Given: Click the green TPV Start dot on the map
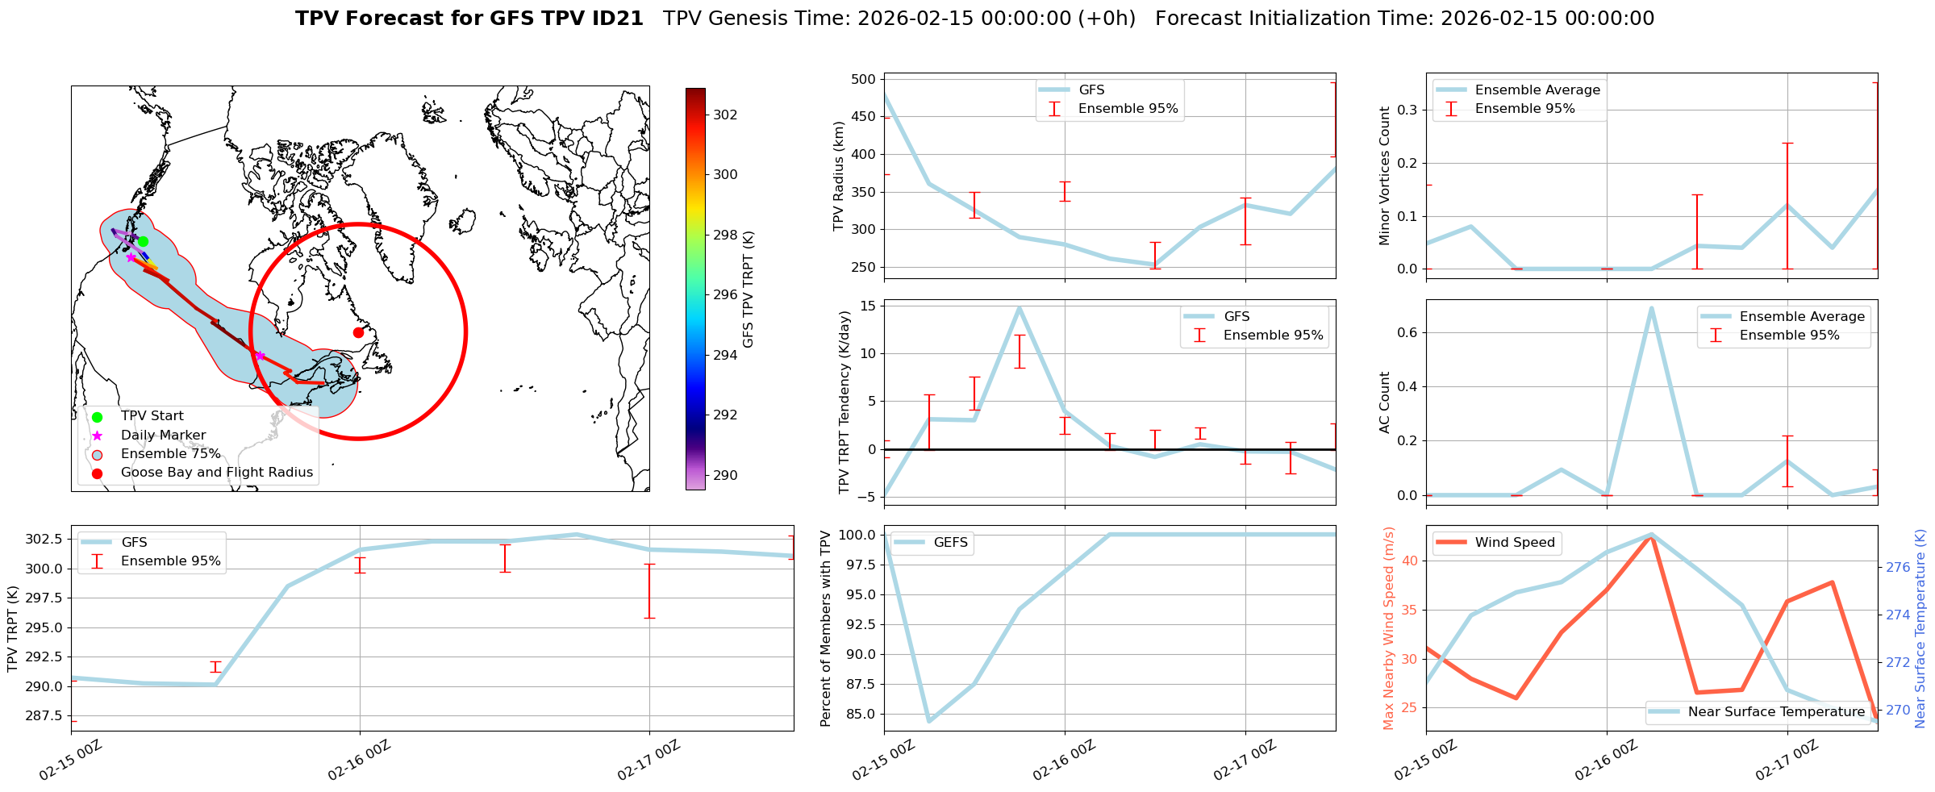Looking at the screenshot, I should [143, 241].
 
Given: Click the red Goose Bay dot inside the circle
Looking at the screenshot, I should [358, 332].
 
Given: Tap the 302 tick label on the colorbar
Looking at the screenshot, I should [725, 115].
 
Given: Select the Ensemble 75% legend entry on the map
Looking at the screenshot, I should [170, 454].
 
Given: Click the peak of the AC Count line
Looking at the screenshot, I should [1652, 308].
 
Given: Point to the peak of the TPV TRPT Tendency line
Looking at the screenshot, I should [1020, 307].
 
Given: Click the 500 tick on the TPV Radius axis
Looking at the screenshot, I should [864, 79].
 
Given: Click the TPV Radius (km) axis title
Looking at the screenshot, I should [839, 176].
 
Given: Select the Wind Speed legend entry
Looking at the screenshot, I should [1514, 543].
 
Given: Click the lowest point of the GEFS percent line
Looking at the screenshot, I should [929, 721].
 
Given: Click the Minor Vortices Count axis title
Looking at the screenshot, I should [1385, 176].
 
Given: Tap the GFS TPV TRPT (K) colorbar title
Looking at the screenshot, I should [749, 289].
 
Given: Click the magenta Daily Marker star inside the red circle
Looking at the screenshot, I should [260, 356].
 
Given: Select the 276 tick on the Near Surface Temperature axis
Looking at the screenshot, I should [1897, 567].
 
